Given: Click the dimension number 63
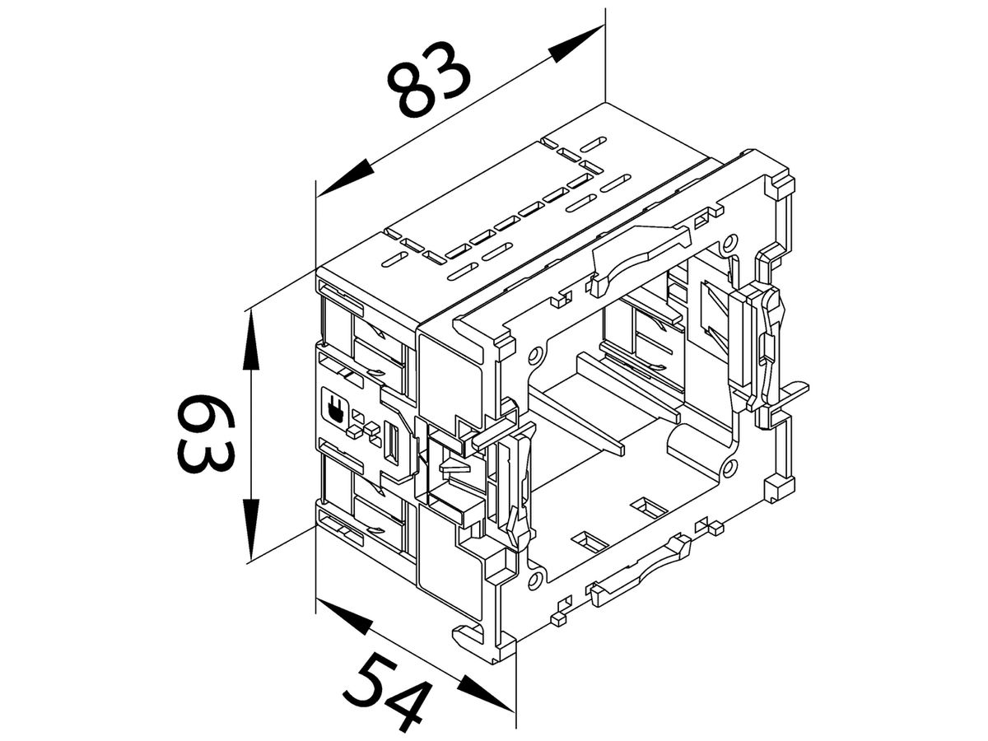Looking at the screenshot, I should click(x=203, y=434).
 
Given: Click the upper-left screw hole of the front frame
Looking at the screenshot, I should click(x=536, y=356).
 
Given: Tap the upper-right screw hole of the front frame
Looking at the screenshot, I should click(x=728, y=245).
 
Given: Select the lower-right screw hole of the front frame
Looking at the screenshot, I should click(x=728, y=470).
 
